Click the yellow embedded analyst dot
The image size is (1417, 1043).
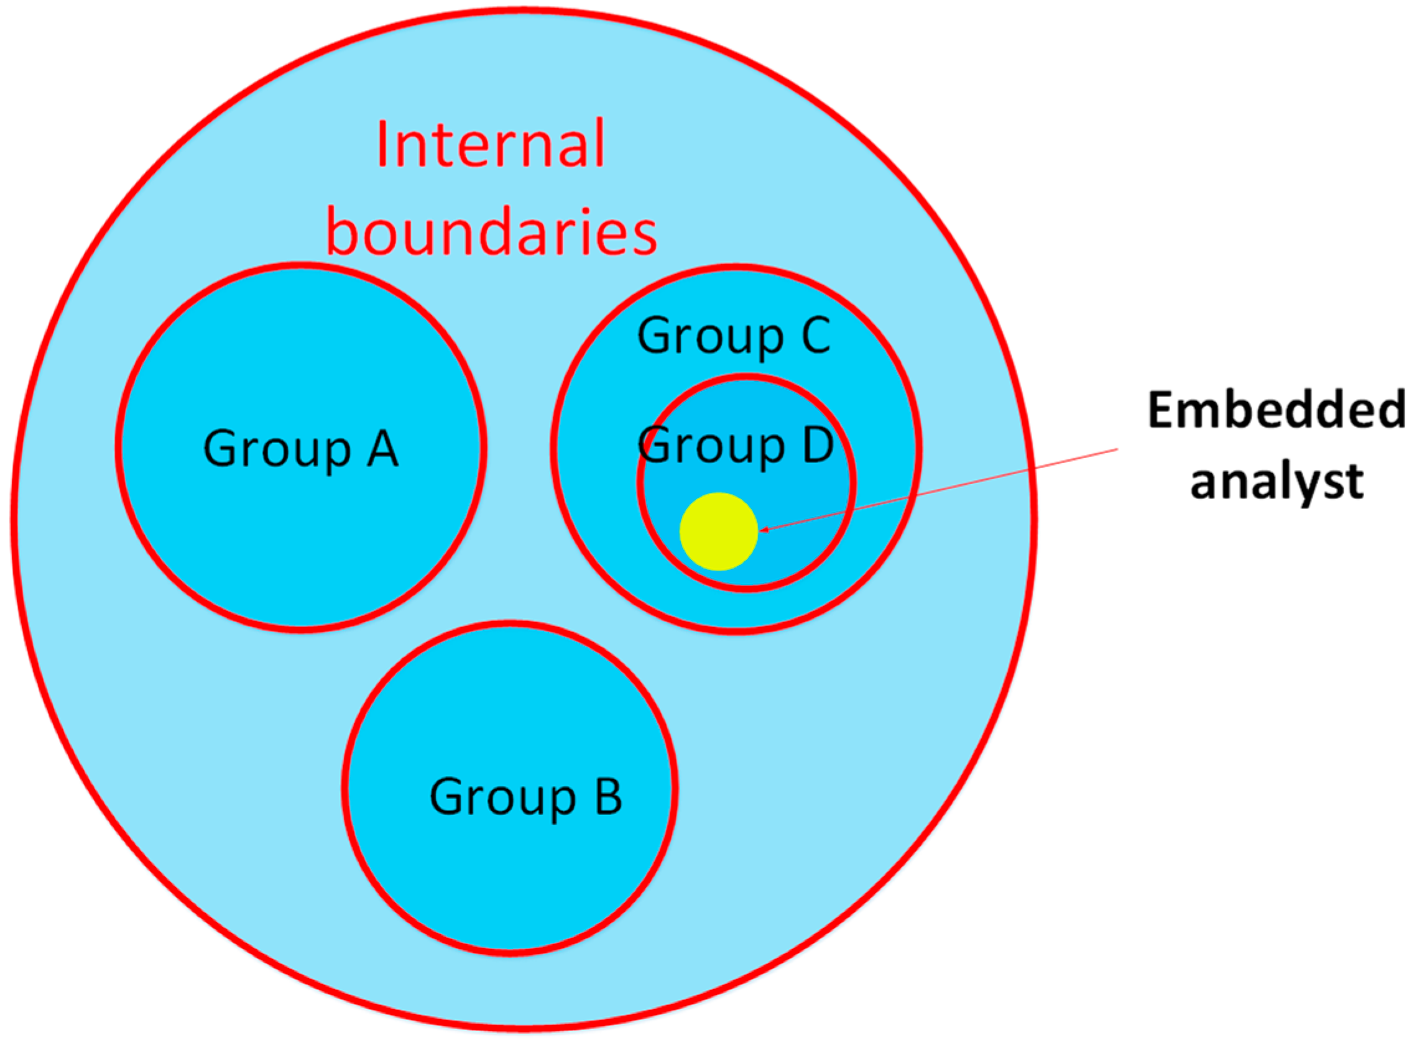tap(718, 531)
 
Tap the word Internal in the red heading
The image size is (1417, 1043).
tap(491, 144)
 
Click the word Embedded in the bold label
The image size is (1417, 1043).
tap(1276, 410)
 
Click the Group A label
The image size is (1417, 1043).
tap(300, 449)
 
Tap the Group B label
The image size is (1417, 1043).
tap(525, 796)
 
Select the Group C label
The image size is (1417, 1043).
tap(734, 335)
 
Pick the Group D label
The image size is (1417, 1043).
tap(736, 445)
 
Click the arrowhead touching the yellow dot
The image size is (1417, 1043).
tap(763, 529)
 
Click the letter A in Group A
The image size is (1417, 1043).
tap(382, 448)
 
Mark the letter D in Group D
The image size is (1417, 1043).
tap(818, 444)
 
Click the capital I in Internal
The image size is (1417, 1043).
tap(382, 144)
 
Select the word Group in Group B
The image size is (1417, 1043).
tap(502, 797)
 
